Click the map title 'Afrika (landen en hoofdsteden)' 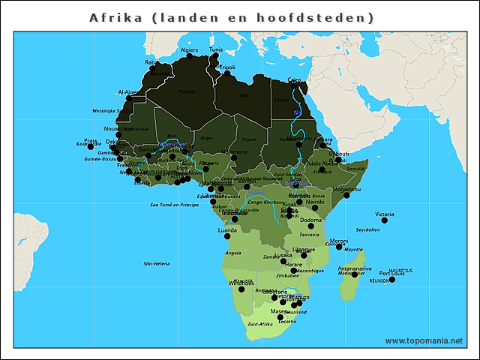point(232,17)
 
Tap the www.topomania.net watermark point(424,340)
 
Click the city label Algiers point(190,50)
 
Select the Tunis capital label point(216,49)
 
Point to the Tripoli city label point(226,67)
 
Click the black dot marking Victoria point(385,220)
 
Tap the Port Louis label point(391,273)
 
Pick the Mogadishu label point(346,190)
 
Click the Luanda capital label point(226,230)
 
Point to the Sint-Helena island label point(157,264)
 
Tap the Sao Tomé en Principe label point(175,204)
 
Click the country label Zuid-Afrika point(259,324)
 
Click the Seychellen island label point(368,230)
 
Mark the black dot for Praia point(91,146)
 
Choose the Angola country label point(233,253)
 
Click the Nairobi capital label point(314,201)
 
